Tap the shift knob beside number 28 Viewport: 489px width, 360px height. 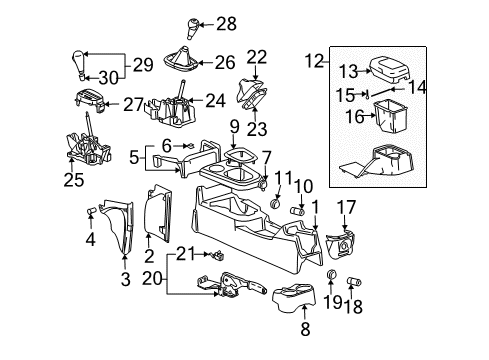coord(193,25)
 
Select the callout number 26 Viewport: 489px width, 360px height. coord(225,62)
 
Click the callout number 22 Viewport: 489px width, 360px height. coord(257,56)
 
